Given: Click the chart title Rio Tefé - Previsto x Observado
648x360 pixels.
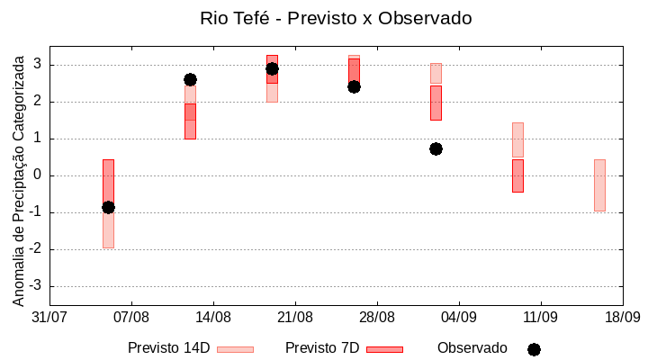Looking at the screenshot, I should [323, 18].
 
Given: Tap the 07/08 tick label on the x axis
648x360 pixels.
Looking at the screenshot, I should [131, 318].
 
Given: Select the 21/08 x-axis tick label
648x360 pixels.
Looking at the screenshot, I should [295, 318].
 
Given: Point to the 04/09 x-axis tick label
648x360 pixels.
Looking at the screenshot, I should [459, 318].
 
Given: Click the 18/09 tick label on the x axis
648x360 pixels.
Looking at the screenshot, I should [622, 318].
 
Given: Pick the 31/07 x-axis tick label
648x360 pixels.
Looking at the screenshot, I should [49, 318].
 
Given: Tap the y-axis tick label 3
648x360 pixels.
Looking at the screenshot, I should [38, 65].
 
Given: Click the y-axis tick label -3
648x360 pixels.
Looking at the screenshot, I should [35, 286].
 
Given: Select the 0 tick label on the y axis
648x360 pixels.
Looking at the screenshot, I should [38, 175].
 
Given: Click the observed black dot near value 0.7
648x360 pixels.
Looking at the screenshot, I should [436, 148].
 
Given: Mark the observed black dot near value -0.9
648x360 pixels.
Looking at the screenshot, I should [108, 207].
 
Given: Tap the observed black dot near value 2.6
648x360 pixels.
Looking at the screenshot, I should [190, 80].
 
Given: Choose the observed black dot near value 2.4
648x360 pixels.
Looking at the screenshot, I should [354, 86].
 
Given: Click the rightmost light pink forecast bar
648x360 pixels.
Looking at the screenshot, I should [599, 184].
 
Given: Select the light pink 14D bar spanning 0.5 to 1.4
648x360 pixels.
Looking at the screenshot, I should [517, 139].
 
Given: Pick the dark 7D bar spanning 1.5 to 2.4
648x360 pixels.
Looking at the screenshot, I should [436, 103].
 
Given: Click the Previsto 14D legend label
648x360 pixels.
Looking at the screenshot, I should [168, 348].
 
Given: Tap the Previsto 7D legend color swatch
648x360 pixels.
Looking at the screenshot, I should [384, 349].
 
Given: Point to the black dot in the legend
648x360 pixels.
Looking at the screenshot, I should [534, 349].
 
